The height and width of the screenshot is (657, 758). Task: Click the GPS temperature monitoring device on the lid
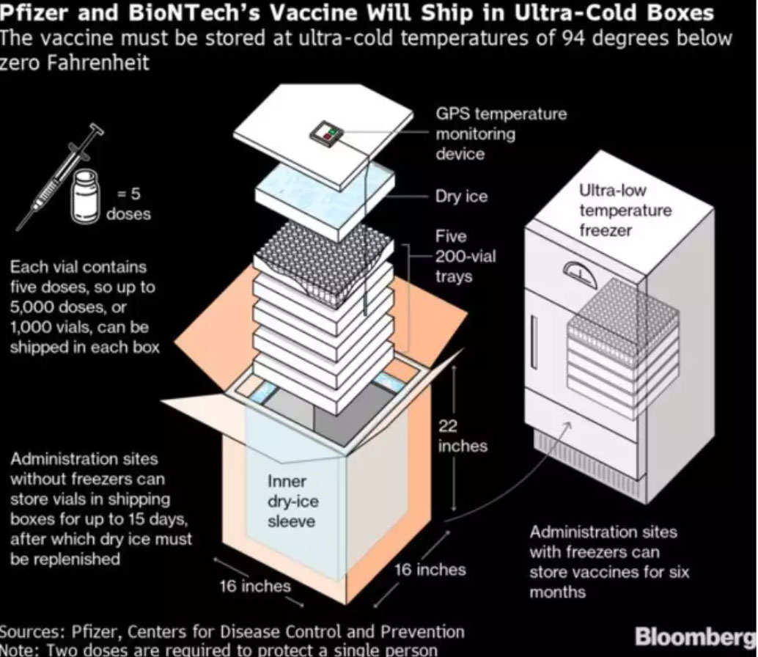(x=326, y=133)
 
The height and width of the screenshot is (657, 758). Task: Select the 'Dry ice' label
(x=461, y=197)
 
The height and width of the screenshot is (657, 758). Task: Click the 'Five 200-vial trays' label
(x=465, y=256)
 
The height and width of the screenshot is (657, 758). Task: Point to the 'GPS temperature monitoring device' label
(x=501, y=133)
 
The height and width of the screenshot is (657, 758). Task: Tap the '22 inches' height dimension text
(x=462, y=436)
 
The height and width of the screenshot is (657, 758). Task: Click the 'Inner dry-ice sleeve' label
(x=292, y=502)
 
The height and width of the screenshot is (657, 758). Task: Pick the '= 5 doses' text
(x=128, y=204)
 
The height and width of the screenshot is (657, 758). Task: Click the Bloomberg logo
(x=696, y=636)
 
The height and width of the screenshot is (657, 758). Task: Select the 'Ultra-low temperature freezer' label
(x=625, y=210)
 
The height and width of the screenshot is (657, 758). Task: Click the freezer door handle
(x=534, y=337)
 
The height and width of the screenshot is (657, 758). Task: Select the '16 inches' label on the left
(x=255, y=586)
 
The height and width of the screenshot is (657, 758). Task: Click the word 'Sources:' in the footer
(x=33, y=632)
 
